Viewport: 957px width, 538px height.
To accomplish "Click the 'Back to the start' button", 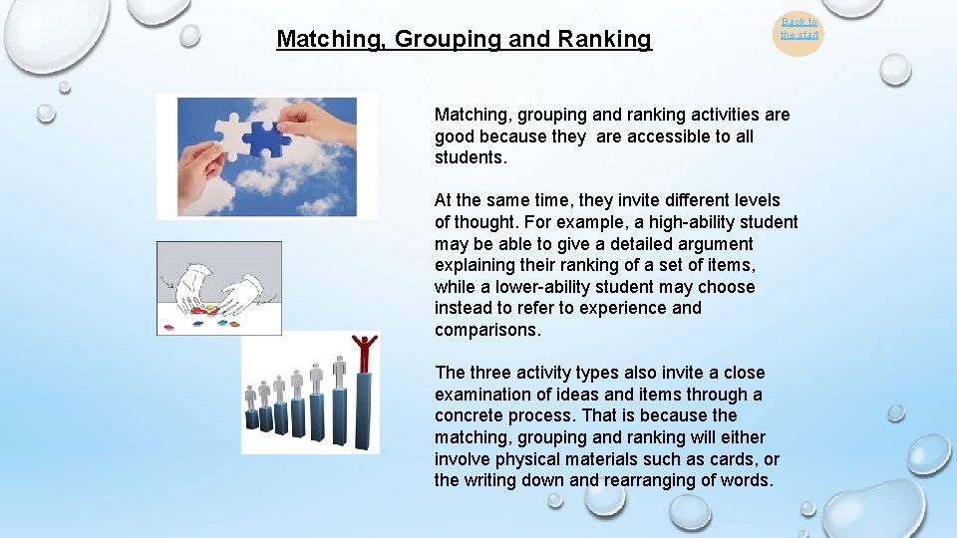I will [x=798, y=29].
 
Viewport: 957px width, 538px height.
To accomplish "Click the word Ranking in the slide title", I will [x=605, y=40].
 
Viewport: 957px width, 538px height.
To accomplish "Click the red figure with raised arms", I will [x=365, y=352].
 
